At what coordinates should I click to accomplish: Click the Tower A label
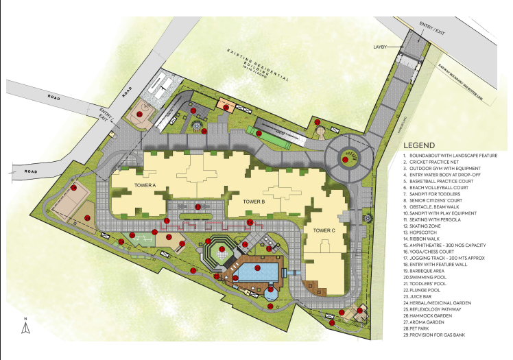144,186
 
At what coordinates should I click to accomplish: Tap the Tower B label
254,202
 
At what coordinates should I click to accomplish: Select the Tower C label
324,230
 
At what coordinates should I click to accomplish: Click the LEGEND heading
418,146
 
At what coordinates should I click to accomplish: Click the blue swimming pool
257,273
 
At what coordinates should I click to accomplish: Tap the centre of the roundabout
348,157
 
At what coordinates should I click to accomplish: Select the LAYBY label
381,47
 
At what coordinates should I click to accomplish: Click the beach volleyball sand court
69,200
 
